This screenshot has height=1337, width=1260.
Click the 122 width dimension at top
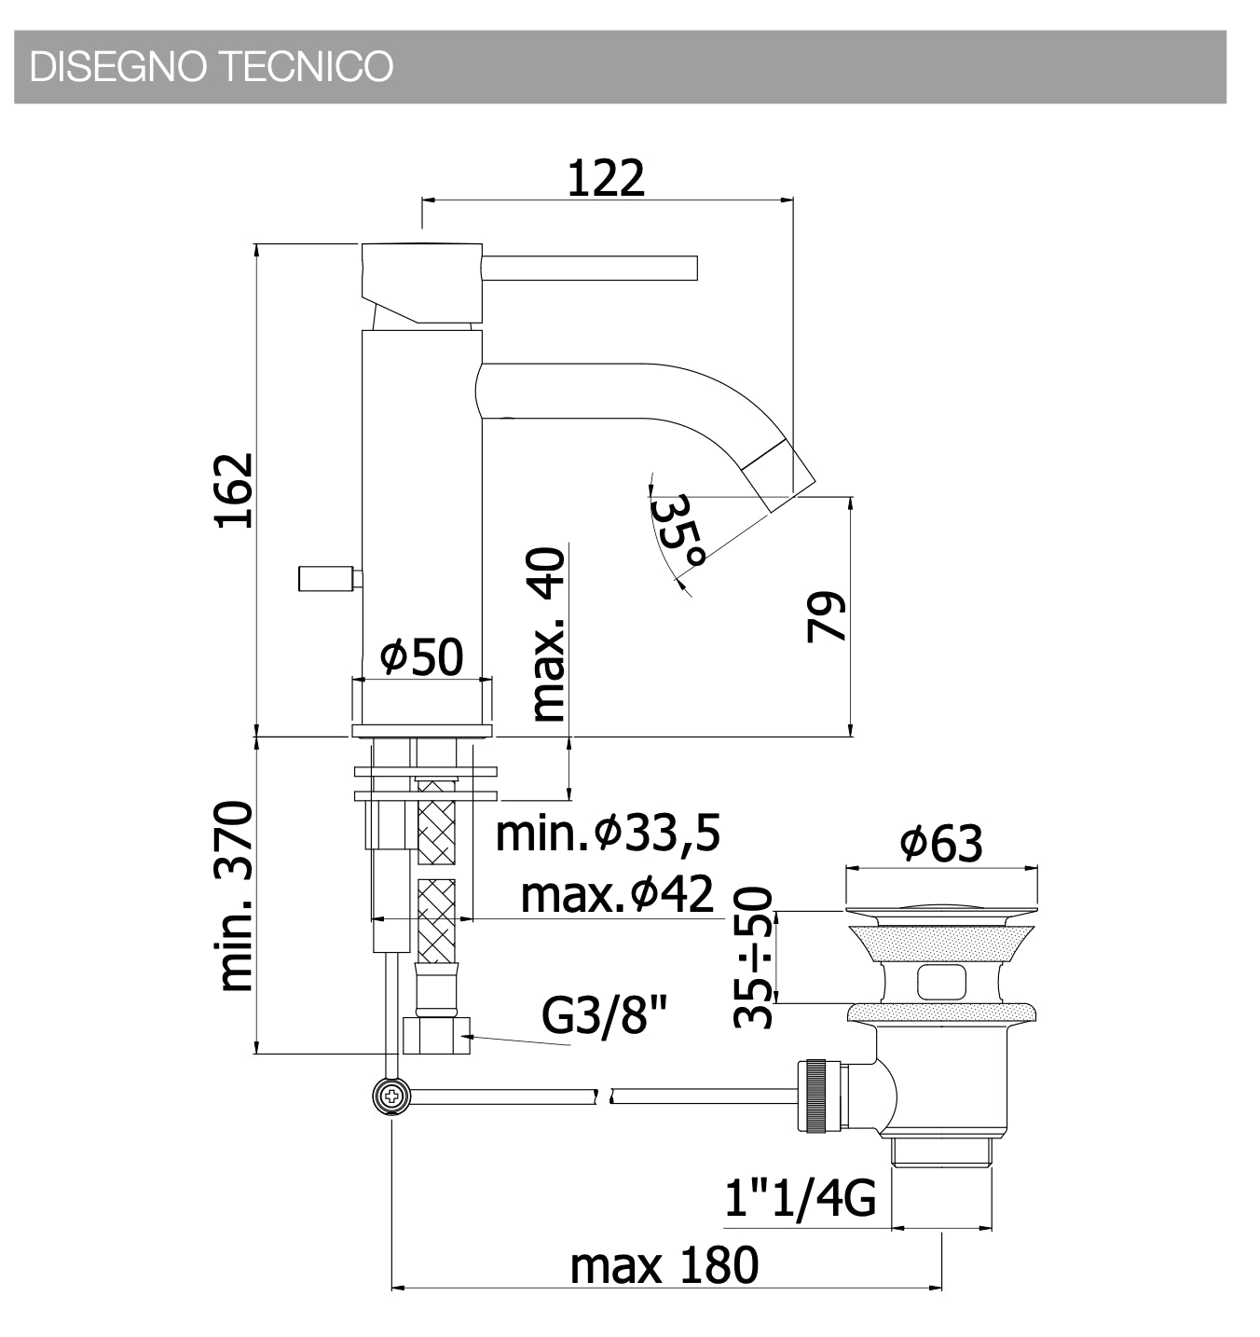[606, 178]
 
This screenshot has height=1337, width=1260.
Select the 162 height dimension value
[234, 490]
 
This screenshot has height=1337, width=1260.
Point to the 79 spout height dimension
[827, 616]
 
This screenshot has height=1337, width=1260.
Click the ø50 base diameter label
[421, 657]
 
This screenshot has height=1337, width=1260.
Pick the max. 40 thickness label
[548, 635]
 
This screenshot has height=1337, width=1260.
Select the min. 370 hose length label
[234, 896]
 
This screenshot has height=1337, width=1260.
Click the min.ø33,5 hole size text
[608, 834]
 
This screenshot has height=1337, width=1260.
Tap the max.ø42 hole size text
[617, 895]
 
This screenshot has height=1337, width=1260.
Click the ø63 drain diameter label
[940, 843]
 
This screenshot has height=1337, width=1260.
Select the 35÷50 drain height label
[753, 958]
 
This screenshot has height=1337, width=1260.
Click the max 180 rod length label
[664, 1266]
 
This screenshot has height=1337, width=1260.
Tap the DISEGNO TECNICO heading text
[212, 67]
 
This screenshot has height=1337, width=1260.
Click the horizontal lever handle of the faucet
[589, 268]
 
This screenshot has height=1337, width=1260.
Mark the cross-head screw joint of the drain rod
[391, 1096]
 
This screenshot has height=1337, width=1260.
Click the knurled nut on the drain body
[817, 1096]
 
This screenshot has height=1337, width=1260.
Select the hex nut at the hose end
[436, 1035]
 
